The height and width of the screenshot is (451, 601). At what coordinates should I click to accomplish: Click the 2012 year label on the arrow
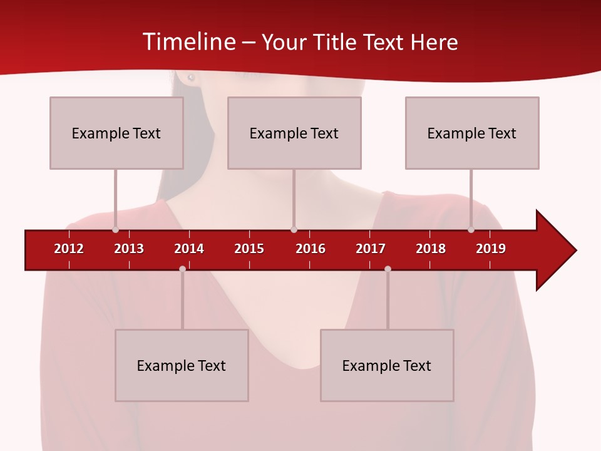[69, 249]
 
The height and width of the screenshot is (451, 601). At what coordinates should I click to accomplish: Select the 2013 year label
[129, 249]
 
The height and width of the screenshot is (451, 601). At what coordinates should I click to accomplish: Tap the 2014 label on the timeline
[189, 249]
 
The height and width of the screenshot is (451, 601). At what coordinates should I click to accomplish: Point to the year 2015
[249, 249]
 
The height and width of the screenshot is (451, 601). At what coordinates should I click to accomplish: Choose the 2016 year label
[311, 249]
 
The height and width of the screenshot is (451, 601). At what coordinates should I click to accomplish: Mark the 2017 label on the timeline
[371, 249]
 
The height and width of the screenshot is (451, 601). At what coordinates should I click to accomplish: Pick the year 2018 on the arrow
[431, 249]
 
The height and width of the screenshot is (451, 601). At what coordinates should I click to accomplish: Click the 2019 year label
[491, 249]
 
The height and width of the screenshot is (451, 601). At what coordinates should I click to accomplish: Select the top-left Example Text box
[116, 133]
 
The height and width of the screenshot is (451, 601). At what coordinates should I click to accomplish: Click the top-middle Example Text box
[294, 133]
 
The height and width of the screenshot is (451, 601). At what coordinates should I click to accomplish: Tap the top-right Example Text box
[472, 133]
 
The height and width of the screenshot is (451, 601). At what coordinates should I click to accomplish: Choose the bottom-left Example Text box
[182, 365]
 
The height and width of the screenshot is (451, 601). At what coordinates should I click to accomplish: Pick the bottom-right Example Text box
[387, 365]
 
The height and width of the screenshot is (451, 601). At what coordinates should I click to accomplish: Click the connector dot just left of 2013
[115, 230]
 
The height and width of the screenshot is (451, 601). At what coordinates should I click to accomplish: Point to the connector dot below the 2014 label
[182, 269]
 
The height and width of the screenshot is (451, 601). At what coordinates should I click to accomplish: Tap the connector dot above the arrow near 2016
[294, 230]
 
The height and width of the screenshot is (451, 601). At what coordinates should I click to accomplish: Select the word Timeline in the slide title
[190, 42]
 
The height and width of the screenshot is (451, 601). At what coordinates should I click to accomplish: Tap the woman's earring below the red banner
[191, 78]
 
